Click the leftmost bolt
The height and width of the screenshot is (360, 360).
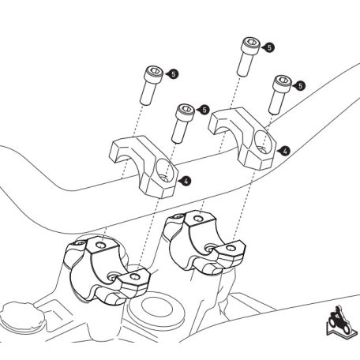point(152,84)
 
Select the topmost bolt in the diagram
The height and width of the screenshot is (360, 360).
point(249,57)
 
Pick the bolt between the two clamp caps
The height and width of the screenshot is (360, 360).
point(183,123)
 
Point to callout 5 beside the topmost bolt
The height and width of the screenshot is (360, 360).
point(269,47)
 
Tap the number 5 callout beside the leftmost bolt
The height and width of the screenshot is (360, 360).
point(173,74)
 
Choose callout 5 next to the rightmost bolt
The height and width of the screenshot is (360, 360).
point(300,86)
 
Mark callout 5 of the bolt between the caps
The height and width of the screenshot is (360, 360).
point(204,110)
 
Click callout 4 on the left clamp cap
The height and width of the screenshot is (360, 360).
point(186,181)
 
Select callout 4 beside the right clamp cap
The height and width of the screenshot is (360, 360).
point(285,151)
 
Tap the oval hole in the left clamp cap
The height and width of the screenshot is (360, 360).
point(165,170)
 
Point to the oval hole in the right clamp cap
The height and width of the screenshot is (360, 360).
point(263,141)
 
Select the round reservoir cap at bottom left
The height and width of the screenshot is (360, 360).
point(21,317)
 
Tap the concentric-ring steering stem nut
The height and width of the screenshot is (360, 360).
point(156,307)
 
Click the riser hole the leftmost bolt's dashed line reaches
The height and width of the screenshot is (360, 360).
point(101,246)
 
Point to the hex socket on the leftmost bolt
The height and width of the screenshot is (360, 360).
point(156,70)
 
